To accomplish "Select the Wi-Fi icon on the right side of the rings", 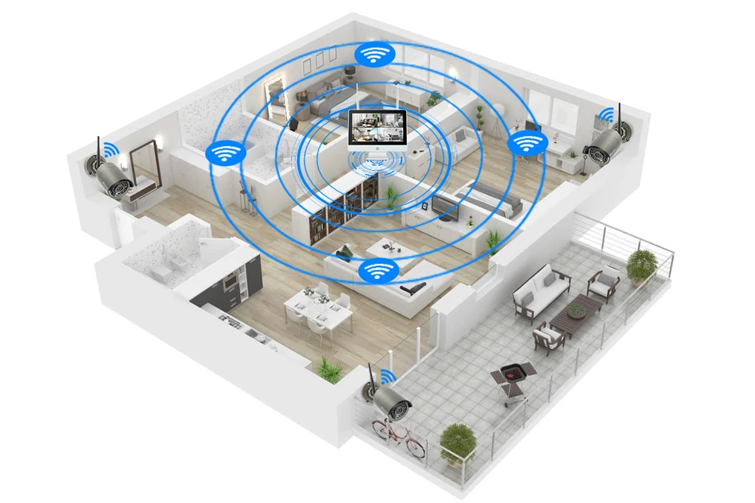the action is pos(525,144).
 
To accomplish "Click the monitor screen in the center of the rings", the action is pos(378,130).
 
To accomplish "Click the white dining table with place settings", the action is pos(318,307).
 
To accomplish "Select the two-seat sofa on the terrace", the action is pos(540,289).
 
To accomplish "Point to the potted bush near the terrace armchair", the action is pos(641,265).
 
